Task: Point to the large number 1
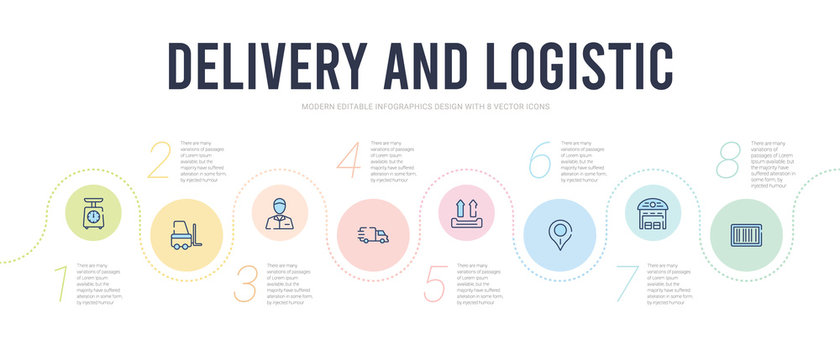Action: click(62, 284)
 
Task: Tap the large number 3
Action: click(246, 283)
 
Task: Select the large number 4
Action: click(347, 161)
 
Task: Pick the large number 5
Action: click(435, 283)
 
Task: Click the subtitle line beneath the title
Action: click(420, 106)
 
